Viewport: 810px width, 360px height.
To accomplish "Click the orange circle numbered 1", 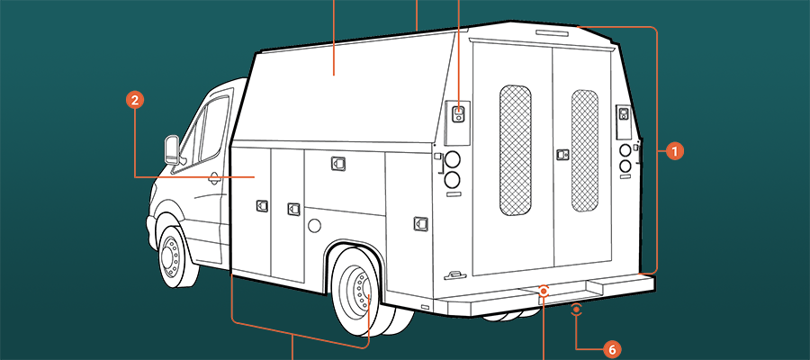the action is [674, 151].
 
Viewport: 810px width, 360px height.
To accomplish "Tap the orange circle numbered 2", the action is [135, 100].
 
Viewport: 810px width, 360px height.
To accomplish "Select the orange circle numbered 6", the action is [612, 350].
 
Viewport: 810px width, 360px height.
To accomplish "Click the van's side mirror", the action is [172, 149].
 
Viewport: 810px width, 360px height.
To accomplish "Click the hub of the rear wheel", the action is [359, 291].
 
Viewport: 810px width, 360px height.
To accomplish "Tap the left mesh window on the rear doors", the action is [515, 150].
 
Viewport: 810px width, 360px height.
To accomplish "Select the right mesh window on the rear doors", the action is [585, 151].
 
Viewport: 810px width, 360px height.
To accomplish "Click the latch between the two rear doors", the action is [562, 155].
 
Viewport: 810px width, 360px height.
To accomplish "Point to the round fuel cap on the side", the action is [314, 225].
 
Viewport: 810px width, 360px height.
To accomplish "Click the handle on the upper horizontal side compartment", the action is [337, 164].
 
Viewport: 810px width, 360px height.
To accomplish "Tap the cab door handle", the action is [213, 179].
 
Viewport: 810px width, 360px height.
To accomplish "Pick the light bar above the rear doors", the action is [552, 33].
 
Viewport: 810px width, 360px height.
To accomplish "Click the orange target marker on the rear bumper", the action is [544, 292].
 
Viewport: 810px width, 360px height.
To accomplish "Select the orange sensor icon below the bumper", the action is [577, 310].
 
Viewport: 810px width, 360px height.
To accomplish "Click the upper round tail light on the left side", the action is [453, 160].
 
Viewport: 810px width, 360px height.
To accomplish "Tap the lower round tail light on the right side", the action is [625, 166].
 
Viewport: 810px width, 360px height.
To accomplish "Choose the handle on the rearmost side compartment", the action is [420, 223].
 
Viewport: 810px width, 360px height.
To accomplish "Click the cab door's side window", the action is [214, 129].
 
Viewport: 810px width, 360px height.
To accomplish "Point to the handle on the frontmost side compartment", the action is [262, 206].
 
